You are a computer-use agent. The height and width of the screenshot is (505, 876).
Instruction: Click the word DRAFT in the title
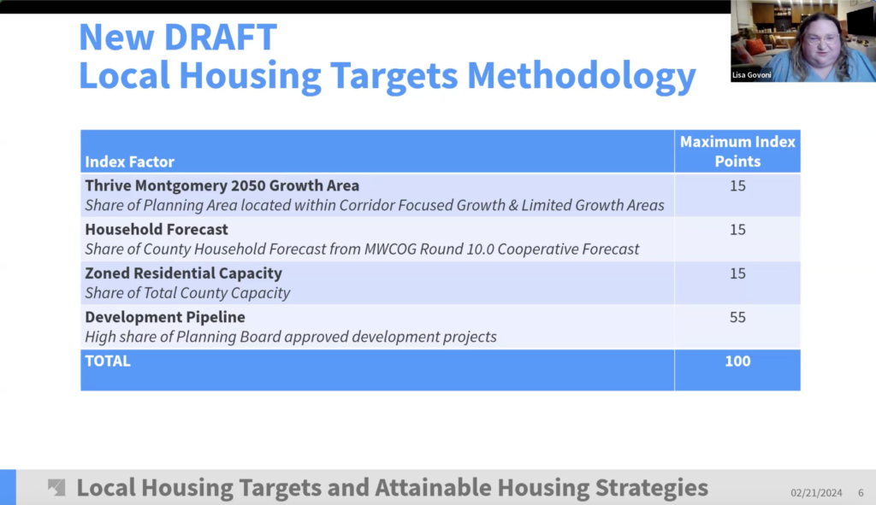click(x=220, y=37)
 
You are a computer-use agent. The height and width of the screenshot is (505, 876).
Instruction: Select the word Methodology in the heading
click(x=582, y=75)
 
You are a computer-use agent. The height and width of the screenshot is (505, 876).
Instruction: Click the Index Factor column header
click(x=130, y=161)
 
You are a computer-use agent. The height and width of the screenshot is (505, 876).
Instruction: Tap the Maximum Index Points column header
click(x=737, y=151)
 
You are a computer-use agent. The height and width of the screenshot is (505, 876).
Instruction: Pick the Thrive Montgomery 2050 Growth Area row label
click(x=222, y=185)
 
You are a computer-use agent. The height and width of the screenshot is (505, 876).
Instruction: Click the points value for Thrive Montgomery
click(x=737, y=185)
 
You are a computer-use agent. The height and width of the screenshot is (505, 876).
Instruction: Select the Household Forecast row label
click(x=157, y=229)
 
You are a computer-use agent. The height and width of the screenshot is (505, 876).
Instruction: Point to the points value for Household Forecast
click(x=737, y=229)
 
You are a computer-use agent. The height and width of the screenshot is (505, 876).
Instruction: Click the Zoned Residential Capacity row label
click(x=183, y=273)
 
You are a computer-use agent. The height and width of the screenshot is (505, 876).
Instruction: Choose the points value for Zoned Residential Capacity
click(x=737, y=273)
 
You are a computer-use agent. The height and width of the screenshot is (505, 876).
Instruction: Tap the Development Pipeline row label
click(x=165, y=317)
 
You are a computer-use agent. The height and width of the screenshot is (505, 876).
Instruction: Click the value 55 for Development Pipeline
click(x=737, y=317)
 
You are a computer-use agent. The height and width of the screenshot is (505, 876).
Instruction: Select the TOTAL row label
click(x=108, y=361)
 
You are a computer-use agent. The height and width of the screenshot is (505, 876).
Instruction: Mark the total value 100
click(x=737, y=361)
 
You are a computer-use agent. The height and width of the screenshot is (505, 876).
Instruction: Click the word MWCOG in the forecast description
click(x=390, y=249)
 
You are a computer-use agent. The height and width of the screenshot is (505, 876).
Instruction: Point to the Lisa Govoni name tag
click(x=751, y=75)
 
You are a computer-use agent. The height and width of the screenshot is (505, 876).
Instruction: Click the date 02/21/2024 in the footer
click(x=816, y=493)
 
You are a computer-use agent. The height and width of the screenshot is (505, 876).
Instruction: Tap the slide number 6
click(x=861, y=493)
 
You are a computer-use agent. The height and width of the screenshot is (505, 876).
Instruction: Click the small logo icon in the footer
click(x=56, y=488)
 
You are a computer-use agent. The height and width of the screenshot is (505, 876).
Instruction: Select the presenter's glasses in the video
click(x=822, y=40)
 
